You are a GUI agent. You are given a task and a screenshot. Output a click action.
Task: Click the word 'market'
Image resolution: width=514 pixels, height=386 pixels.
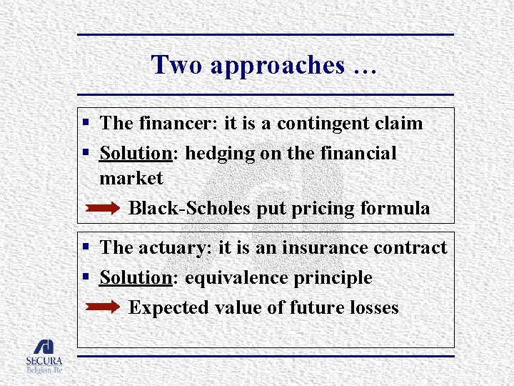pyautogui.click(x=131, y=178)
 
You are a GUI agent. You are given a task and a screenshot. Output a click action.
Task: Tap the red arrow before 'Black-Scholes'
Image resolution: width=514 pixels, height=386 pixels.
pyautogui.click(x=103, y=209)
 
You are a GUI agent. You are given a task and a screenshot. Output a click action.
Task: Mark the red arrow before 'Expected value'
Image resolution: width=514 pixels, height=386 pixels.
pyautogui.click(x=103, y=308)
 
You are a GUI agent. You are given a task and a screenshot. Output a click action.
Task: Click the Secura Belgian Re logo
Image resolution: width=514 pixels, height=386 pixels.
pyautogui.click(x=44, y=355)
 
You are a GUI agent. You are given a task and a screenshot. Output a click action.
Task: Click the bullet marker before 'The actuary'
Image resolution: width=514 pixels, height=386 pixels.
pyautogui.click(x=85, y=248)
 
